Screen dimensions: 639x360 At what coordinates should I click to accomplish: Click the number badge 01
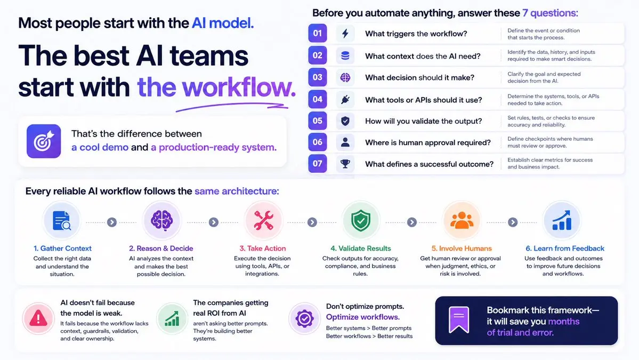coord(318,34)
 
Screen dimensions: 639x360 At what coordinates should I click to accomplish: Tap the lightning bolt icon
coord(345,34)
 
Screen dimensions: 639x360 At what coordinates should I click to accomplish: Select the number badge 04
coord(318,99)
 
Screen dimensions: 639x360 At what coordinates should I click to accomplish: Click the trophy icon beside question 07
coord(345,164)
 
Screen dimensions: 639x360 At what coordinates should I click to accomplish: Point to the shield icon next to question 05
coord(345,121)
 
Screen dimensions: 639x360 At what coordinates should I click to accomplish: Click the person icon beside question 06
coord(345,142)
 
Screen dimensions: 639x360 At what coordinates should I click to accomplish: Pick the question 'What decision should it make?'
coord(420,77)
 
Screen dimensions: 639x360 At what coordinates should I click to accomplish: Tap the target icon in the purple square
coord(44,141)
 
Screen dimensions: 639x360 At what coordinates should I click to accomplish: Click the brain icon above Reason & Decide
coord(162,221)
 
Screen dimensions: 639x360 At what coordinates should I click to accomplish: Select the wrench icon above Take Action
coord(263,221)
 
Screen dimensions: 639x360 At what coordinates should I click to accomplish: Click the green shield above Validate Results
coord(361,221)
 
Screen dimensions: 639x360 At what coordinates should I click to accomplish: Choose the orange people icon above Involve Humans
coord(462,221)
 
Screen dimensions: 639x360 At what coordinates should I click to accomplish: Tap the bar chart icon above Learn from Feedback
coord(562,221)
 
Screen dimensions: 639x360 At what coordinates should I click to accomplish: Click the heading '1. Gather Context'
coord(62,249)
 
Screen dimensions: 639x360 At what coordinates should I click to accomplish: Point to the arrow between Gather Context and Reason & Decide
coord(112,222)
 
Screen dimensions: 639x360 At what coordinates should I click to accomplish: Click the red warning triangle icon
coord(38,318)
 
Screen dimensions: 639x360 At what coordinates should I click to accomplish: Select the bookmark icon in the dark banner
coord(459,320)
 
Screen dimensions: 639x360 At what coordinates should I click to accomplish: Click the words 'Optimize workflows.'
coord(363,317)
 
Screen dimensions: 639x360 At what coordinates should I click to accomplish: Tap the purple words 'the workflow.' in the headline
coord(216,87)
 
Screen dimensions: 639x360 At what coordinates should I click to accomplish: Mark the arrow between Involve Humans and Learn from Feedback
coord(513,222)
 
